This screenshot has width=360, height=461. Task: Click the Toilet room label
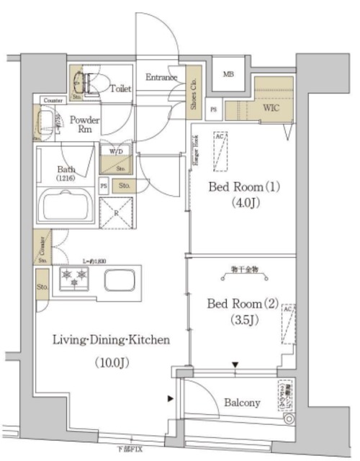click(121, 89)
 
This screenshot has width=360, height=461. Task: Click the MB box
click(228, 74)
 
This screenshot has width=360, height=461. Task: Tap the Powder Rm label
click(84, 125)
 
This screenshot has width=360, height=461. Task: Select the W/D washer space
click(116, 153)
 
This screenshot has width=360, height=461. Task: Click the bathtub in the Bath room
click(66, 205)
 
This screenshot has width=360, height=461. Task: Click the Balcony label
click(241, 403)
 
